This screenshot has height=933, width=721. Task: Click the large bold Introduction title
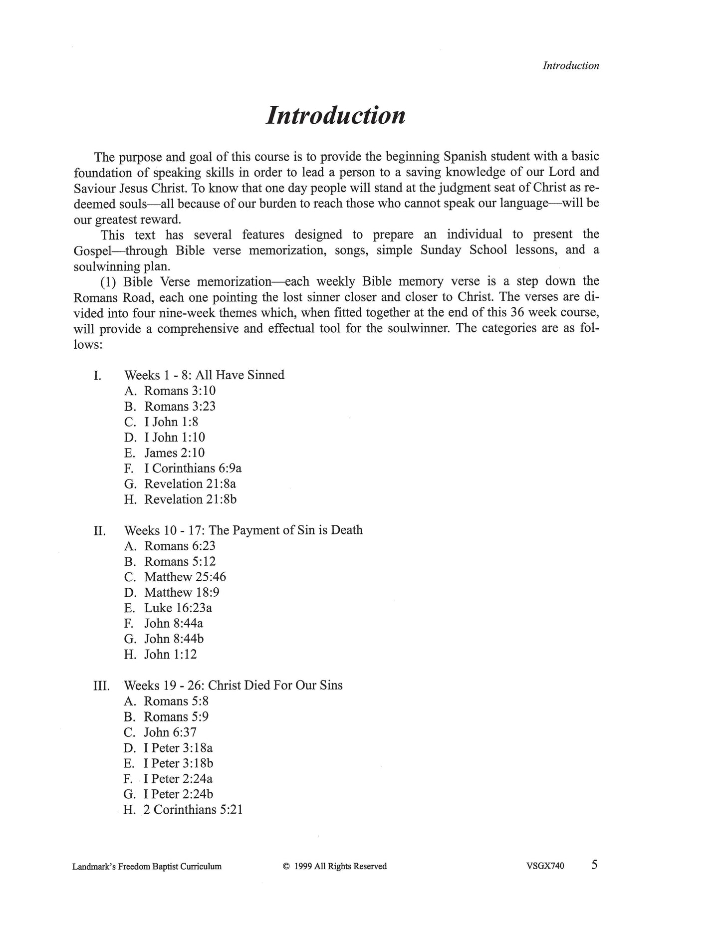pos(335,115)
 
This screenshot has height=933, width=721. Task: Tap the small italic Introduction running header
pos(571,66)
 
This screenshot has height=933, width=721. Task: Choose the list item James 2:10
pos(174,453)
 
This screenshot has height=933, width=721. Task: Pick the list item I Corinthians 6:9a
pos(192,468)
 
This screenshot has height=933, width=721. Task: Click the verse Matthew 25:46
pos(185,577)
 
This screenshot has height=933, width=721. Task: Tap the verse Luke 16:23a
pos(178,608)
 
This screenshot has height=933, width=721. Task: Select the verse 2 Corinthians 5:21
pos(193,810)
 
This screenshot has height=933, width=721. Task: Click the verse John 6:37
pos(170,732)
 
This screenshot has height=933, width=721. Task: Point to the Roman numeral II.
pos(99,531)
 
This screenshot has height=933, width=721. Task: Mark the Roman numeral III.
pos(101,687)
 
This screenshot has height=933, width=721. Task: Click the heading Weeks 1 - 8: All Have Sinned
pos(204,375)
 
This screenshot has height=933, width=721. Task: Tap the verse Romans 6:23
pos(180,546)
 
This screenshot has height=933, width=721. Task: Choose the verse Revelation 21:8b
pos(190,499)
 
